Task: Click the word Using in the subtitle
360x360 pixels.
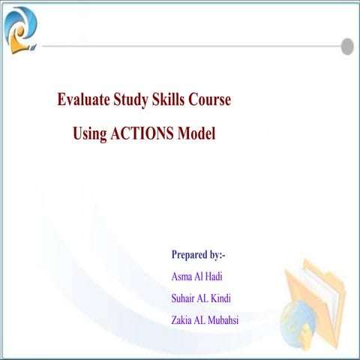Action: click(90, 134)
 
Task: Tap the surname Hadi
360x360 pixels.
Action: click(223, 276)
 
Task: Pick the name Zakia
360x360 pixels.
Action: click(184, 321)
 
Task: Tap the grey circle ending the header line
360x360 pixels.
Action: click(347, 46)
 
